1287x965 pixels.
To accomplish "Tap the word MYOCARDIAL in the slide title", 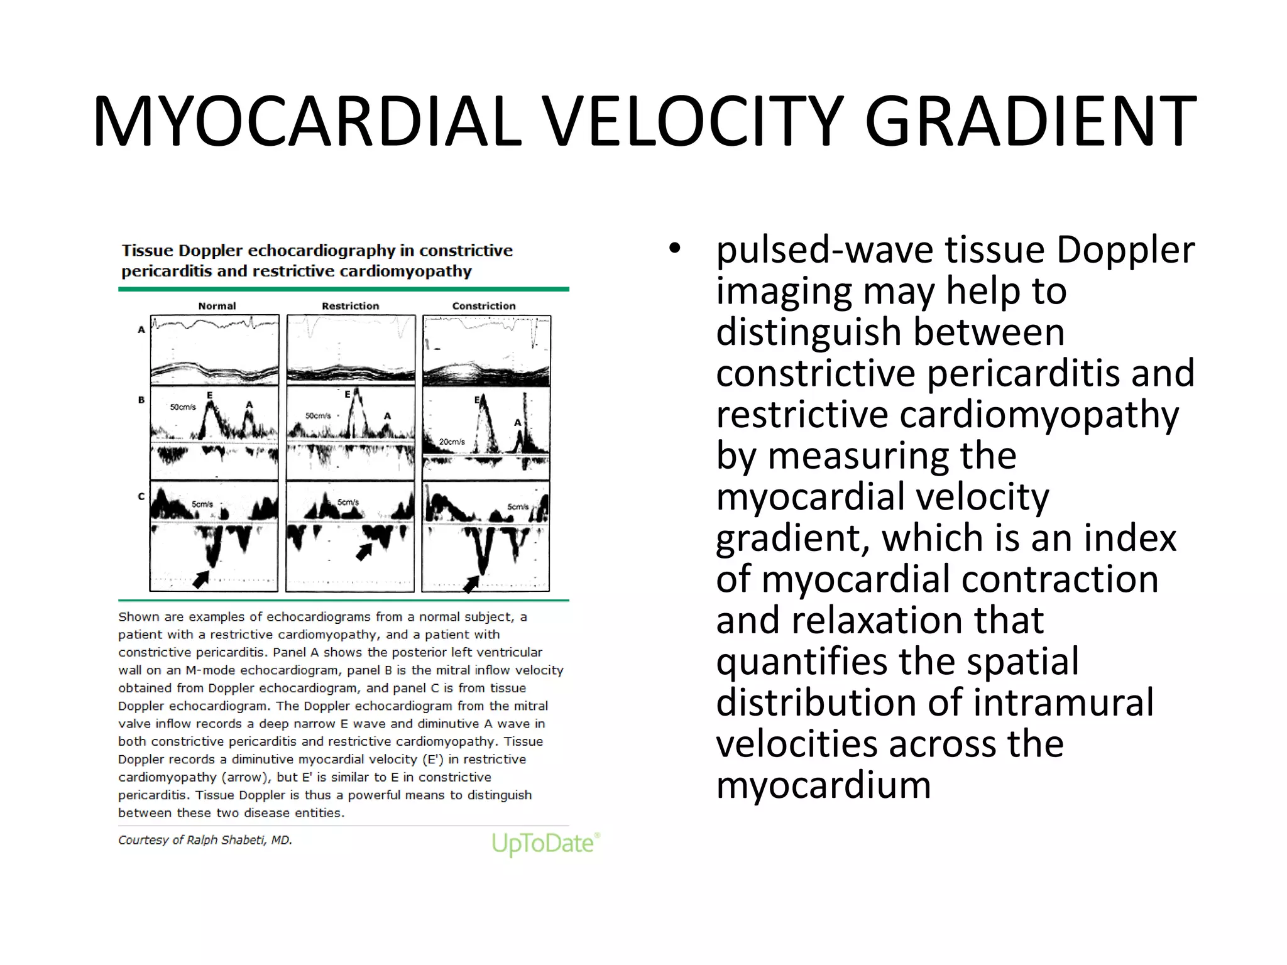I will click(307, 121).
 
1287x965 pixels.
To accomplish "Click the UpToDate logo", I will click(545, 843).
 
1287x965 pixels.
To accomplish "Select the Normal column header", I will click(217, 306).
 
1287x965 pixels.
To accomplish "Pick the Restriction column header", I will click(350, 306).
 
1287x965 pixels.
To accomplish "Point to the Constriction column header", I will click(483, 306).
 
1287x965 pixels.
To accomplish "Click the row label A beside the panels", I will click(141, 329).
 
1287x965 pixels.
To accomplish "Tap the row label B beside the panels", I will click(141, 400).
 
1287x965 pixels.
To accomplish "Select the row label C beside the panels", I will click(141, 496).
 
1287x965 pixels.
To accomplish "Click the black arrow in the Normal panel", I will click(201, 579).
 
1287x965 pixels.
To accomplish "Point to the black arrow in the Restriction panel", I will click(364, 552).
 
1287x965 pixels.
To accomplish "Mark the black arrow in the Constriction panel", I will click(471, 584).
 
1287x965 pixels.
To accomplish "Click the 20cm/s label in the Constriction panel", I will click(452, 442).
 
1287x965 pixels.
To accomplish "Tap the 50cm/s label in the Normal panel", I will click(183, 407).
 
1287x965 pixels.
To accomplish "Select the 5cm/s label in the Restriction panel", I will click(348, 502).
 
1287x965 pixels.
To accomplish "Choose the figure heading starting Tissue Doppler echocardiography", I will click(317, 261).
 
